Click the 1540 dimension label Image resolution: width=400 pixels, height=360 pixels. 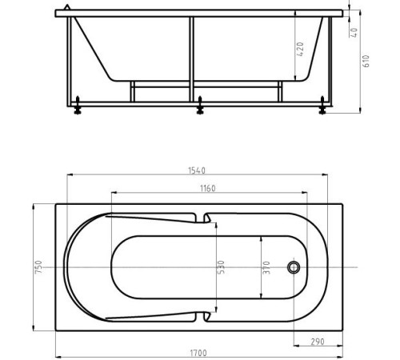click(x=197, y=170)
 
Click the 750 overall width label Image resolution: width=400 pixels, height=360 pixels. click(x=37, y=267)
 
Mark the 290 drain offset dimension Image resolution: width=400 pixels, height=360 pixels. click(x=318, y=342)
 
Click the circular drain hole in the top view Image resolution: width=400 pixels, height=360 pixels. click(x=293, y=266)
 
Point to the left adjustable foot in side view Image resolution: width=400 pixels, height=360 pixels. click(x=78, y=105)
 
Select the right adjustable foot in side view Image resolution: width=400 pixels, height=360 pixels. click(x=322, y=105)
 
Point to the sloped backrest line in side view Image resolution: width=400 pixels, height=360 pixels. click(x=94, y=48)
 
